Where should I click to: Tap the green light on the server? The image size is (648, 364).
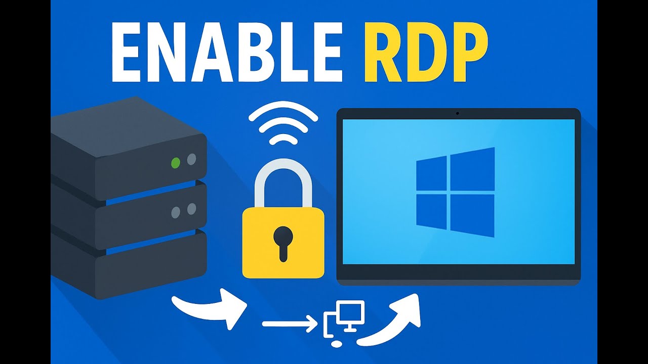(176, 163)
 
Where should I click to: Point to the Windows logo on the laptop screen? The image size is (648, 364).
(455, 192)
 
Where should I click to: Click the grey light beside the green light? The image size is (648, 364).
(191, 160)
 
